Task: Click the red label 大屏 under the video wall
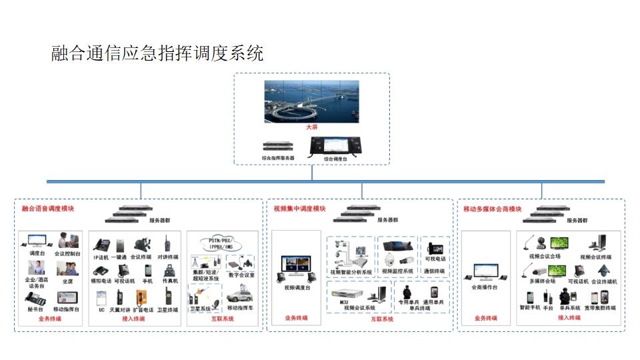[311, 127]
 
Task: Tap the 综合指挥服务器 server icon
[277, 146]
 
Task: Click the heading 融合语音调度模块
[48, 209]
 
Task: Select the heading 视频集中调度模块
[299, 209]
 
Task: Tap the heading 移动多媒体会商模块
[492, 209]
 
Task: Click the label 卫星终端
[168, 310]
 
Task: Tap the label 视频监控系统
[398, 271]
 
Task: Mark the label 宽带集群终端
[601, 308]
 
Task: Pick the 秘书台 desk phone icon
[33, 298]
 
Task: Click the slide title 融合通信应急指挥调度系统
[157, 53]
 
